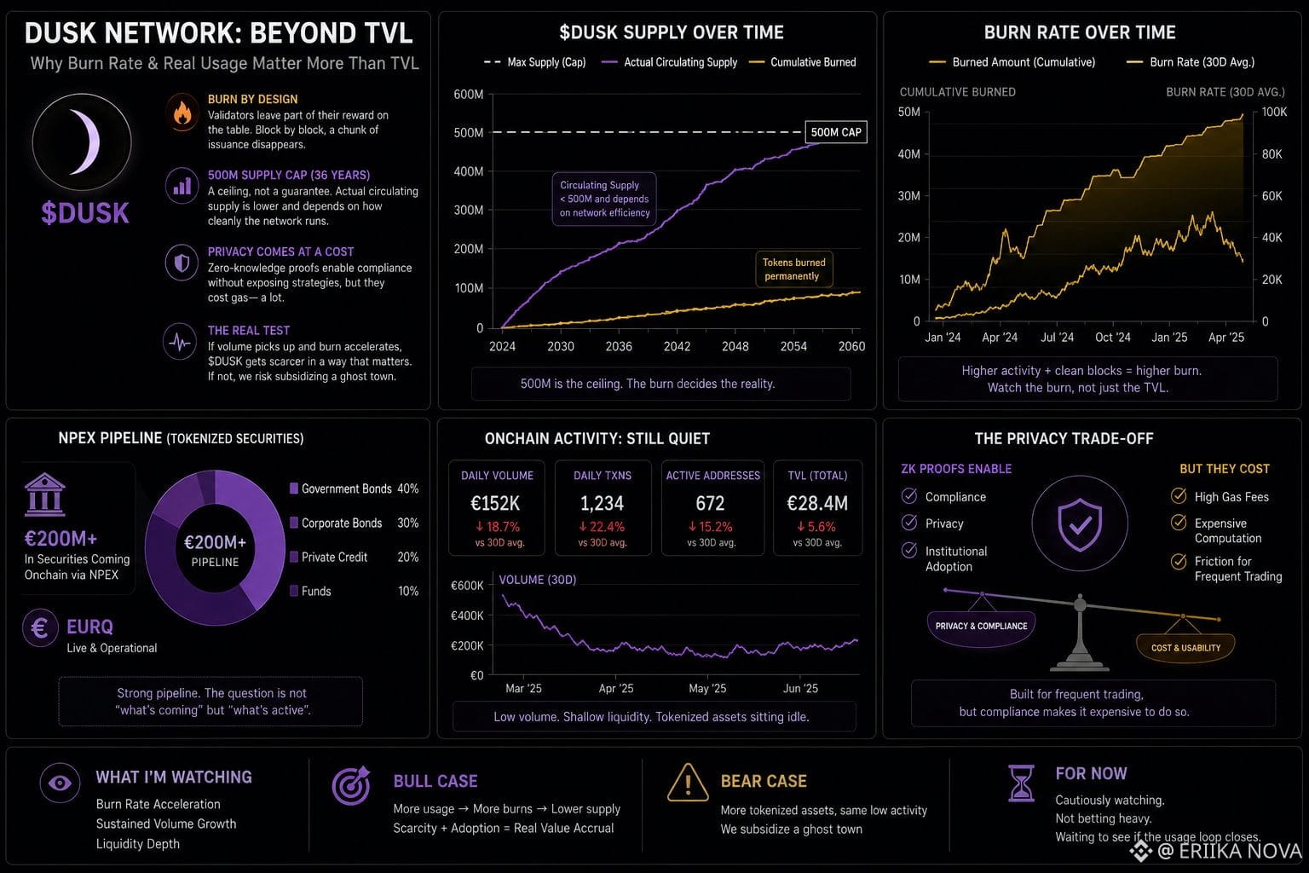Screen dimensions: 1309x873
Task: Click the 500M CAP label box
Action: (x=836, y=132)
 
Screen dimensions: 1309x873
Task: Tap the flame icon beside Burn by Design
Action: (x=182, y=112)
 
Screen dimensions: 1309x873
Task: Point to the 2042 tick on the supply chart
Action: (x=677, y=346)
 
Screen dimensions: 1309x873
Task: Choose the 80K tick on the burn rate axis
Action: (x=1272, y=153)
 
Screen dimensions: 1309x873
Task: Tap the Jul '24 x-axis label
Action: (x=1057, y=338)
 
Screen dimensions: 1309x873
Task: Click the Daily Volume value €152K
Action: (x=495, y=503)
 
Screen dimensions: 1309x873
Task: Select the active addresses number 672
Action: (x=710, y=503)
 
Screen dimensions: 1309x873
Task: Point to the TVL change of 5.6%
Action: (x=816, y=527)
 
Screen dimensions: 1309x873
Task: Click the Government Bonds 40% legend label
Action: (x=355, y=489)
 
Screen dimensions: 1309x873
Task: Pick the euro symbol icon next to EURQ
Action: (x=40, y=628)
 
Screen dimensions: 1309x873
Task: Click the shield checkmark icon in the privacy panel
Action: (x=1080, y=524)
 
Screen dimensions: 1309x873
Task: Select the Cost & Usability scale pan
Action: (x=1185, y=647)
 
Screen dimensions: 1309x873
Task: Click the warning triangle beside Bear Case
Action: (x=688, y=783)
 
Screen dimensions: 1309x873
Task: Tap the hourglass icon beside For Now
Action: (x=1021, y=783)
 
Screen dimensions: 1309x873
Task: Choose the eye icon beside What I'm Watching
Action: (x=60, y=783)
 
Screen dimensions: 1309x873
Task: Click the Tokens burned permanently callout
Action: (x=794, y=269)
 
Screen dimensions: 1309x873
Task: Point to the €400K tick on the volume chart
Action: (x=467, y=616)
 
